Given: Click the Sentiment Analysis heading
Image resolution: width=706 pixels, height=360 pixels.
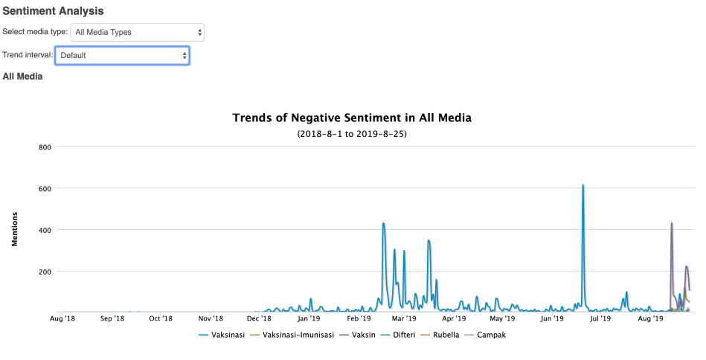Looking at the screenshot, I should (54, 11).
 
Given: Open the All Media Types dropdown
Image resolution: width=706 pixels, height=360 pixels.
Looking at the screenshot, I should (137, 32).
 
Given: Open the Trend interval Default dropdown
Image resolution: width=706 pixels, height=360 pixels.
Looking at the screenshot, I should (122, 55).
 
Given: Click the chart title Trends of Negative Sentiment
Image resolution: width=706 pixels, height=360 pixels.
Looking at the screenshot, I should (352, 118).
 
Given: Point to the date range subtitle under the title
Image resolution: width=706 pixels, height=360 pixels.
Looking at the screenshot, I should (352, 134).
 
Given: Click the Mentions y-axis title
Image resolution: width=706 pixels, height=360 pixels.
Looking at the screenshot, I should (14, 229).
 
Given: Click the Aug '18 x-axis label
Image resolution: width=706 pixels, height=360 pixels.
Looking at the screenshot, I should (62, 319).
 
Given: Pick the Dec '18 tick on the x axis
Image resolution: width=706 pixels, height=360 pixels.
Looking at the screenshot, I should (259, 319).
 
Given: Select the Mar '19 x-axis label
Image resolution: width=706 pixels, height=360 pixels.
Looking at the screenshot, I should (404, 319).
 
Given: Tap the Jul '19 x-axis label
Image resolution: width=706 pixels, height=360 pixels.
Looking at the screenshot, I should (600, 319).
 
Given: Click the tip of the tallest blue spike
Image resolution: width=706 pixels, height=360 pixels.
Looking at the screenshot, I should (583, 185).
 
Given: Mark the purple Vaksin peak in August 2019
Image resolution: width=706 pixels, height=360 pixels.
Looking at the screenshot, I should (671, 223).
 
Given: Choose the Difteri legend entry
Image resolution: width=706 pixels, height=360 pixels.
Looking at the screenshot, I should (402, 335).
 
